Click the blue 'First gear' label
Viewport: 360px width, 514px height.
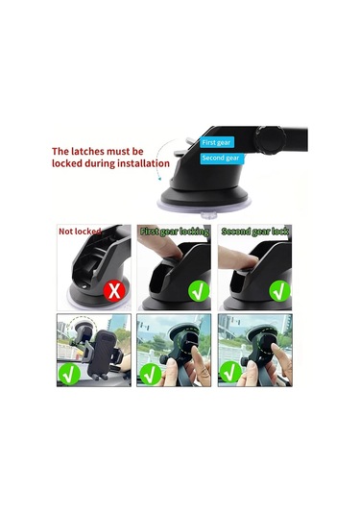(217, 142)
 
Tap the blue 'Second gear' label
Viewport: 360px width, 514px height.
(221, 158)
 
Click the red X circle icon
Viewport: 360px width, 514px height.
(114, 290)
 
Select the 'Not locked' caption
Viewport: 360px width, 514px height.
(80, 232)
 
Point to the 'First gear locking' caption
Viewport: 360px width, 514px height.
(175, 232)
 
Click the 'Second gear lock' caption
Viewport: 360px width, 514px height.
(254, 232)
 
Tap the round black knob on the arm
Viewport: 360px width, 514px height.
(271, 141)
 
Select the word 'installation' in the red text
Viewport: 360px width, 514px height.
(143, 163)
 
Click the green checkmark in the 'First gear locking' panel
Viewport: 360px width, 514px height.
(199, 291)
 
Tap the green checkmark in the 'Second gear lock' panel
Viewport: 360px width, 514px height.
(279, 291)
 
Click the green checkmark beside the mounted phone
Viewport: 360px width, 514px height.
(69, 374)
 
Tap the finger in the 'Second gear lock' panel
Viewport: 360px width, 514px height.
(237, 257)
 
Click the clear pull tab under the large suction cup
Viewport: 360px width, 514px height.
(209, 216)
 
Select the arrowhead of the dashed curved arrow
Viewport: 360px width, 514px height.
(159, 179)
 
